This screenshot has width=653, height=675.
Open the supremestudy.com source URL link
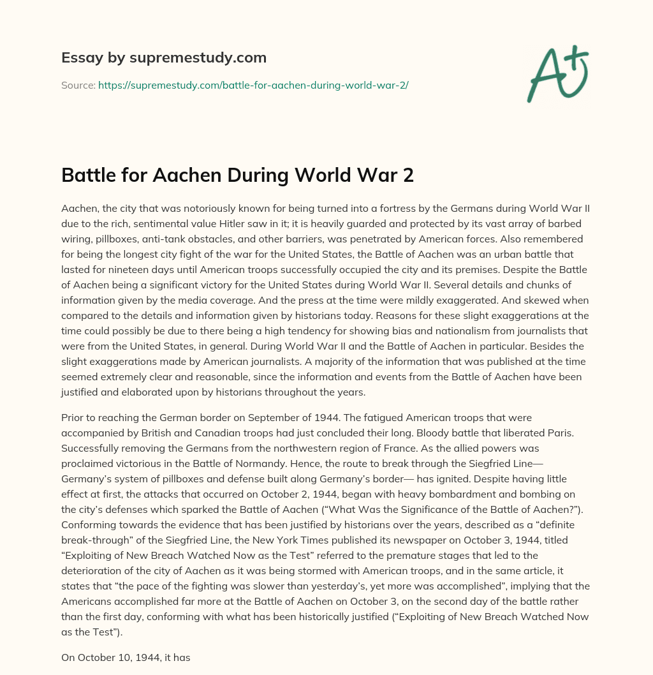pyautogui.click(x=253, y=84)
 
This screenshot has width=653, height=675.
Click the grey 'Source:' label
pyautogui.click(x=78, y=84)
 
